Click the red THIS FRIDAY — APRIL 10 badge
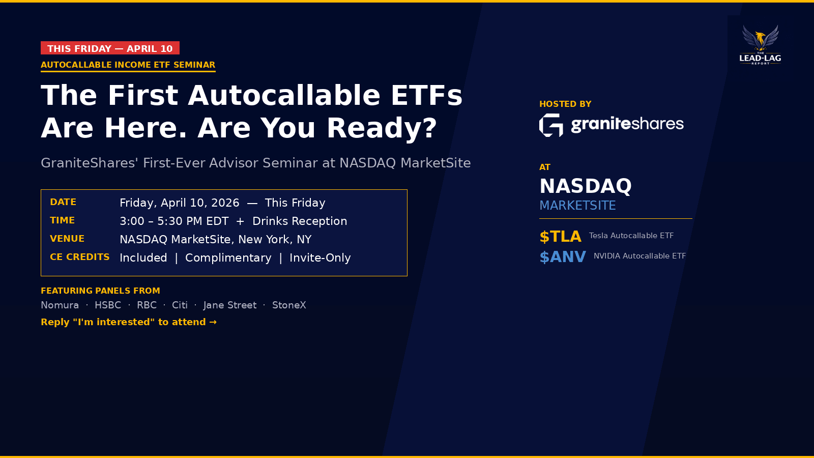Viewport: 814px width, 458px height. (110, 48)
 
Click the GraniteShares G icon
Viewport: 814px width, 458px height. (551, 125)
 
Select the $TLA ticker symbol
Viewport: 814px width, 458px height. (560, 237)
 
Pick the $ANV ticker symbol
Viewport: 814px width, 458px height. (563, 257)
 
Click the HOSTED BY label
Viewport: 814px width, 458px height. (565, 104)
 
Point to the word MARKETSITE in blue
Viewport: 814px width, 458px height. (577, 206)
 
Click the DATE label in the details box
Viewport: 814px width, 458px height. (63, 202)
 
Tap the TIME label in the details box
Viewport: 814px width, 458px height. (62, 220)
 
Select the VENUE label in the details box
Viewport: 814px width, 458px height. (67, 239)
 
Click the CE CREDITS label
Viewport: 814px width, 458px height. (80, 257)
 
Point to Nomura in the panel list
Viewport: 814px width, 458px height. (60, 305)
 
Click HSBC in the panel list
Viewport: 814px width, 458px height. (108, 305)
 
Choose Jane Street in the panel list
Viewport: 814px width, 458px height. (230, 305)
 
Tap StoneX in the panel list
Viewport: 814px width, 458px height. (289, 305)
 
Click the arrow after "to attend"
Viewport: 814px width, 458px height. (213, 322)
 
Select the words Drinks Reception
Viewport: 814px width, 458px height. (300, 221)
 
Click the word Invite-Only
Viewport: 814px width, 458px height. (320, 258)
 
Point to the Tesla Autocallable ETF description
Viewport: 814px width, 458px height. (631, 236)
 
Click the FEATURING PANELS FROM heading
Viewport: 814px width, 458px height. (100, 291)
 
